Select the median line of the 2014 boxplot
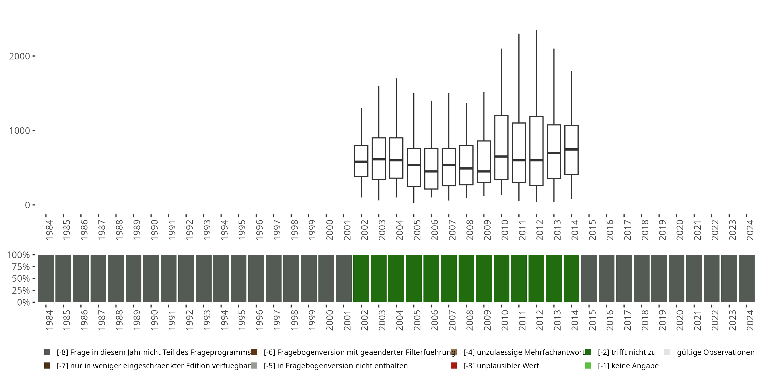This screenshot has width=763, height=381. [571, 149]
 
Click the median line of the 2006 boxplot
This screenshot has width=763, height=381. [431, 171]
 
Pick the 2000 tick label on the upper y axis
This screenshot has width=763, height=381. [20, 56]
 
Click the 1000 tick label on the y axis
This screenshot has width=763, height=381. [20, 131]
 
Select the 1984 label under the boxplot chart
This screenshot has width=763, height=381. [49, 230]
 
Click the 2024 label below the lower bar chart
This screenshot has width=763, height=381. [750, 320]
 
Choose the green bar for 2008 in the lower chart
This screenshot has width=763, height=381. [466, 278]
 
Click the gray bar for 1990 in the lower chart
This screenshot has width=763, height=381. [151, 278]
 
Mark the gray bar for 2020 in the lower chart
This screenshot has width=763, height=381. [677, 278]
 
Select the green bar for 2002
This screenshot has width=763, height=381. [361, 278]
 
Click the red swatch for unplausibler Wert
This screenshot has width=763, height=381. [453, 366]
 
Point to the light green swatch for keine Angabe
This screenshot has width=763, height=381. [588, 366]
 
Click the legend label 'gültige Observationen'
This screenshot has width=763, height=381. [715, 352]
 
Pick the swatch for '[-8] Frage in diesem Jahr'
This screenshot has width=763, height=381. [47, 352]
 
